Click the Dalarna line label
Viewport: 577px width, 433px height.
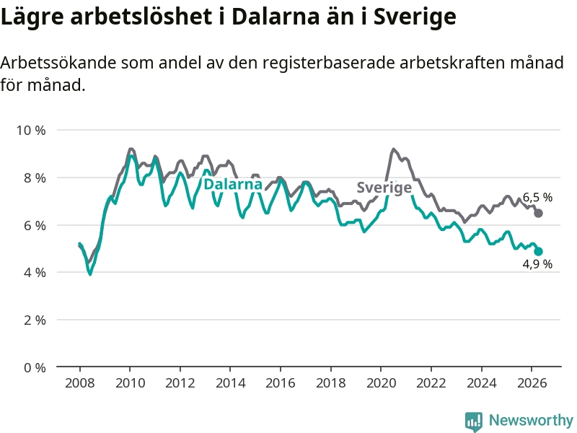click(x=233, y=184)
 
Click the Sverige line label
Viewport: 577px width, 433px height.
click(x=384, y=188)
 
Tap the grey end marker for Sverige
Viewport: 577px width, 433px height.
click(x=538, y=213)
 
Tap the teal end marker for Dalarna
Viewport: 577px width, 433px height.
click(x=538, y=251)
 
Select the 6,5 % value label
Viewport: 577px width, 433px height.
click(x=537, y=197)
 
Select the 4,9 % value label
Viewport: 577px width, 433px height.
click(x=537, y=264)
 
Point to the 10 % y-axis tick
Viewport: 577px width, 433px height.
click(x=31, y=130)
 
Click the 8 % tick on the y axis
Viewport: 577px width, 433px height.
click(x=35, y=178)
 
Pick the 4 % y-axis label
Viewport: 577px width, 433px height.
click(x=35, y=273)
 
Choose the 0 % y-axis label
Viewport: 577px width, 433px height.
click(x=35, y=367)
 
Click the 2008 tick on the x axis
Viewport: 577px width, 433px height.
click(x=79, y=383)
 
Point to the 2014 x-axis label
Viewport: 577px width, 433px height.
click(x=230, y=383)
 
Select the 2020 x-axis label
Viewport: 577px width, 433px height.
click(x=382, y=383)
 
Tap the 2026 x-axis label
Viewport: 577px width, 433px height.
click(x=532, y=383)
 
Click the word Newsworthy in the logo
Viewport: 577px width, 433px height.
click(x=531, y=420)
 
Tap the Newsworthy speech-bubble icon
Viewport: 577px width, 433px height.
click(x=474, y=421)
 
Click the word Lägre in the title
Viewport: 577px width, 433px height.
click(x=32, y=17)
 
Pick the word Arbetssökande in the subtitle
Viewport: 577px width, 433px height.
click(x=58, y=63)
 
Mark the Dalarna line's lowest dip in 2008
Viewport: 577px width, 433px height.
click(x=89, y=274)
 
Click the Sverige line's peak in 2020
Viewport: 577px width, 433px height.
click(x=393, y=149)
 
